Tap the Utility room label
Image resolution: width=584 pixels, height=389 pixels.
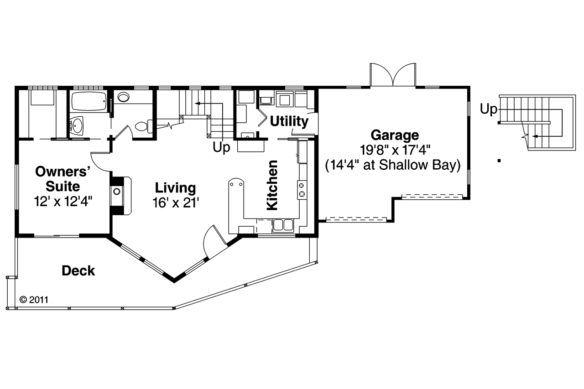[289, 121]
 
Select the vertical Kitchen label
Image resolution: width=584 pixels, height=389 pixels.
[272, 185]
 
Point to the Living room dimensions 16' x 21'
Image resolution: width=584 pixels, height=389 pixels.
[176, 202]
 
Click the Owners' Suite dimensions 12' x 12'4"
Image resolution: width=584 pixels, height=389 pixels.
[63, 201]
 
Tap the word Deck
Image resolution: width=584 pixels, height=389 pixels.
[78, 271]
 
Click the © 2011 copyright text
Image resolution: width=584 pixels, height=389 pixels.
[35, 300]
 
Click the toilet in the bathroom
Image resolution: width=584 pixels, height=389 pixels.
[143, 125]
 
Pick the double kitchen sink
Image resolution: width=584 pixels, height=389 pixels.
[283, 225]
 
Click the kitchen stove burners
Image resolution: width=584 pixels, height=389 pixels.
[302, 189]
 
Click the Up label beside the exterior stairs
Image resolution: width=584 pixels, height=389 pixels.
[489, 109]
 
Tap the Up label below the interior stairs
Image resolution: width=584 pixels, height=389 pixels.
[221, 149]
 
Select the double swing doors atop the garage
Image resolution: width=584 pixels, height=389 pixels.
[393, 74]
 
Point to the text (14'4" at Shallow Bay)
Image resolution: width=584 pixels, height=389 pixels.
[392, 165]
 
